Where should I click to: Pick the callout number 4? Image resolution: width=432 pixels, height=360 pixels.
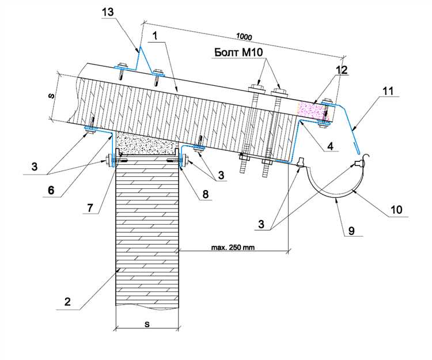click(329, 146)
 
